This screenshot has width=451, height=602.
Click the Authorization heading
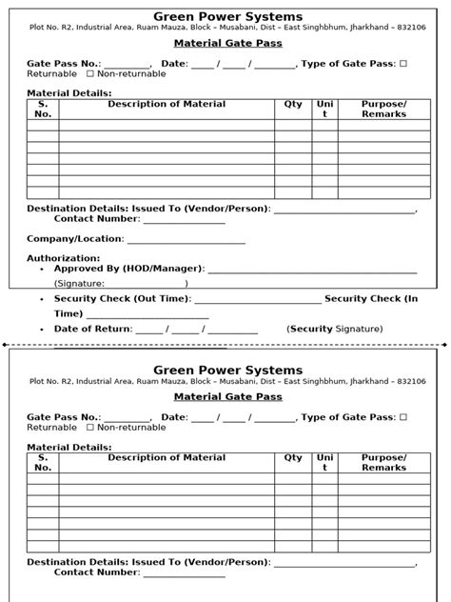[x=63, y=258]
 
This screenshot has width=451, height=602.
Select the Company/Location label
[x=75, y=239]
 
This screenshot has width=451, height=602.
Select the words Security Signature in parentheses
[x=335, y=329]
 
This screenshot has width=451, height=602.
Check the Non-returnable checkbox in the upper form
[x=90, y=73]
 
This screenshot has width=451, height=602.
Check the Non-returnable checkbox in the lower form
[x=90, y=428]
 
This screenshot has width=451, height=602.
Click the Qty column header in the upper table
[x=293, y=104]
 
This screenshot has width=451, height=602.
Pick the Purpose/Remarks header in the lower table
[x=383, y=463]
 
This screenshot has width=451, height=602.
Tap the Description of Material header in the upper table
[x=167, y=104]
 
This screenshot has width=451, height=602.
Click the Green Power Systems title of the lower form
[x=227, y=370]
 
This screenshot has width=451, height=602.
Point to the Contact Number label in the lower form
[x=97, y=572]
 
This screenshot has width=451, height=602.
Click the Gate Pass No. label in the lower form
[x=64, y=417]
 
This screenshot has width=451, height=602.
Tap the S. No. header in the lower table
[x=43, y=463]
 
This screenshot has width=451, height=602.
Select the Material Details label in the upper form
[x=69, y=93]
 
